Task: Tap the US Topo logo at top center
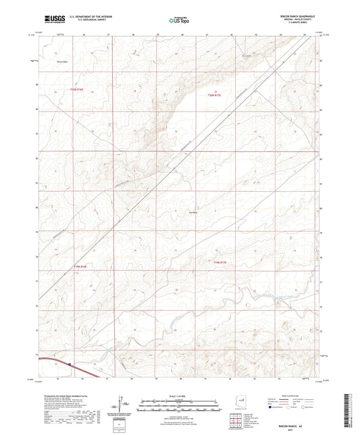pyautogui.click(x=178, y=20)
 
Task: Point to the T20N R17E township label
pyautogui.click(x=213, y=95)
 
